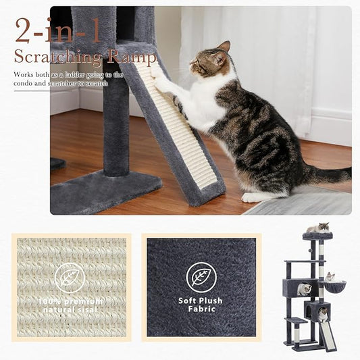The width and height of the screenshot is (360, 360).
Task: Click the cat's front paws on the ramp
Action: click(159, 72)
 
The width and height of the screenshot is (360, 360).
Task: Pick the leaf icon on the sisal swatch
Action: click(70, 278)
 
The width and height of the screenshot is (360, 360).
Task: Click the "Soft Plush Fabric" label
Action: click(201, 305)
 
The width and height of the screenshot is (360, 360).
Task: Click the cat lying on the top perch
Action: click(317, 228)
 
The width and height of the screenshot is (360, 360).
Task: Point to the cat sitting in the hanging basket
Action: click(330, 278)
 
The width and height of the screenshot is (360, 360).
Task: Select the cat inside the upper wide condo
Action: click(305, 288)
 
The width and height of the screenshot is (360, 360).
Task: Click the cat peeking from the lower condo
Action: click(323, 313)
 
